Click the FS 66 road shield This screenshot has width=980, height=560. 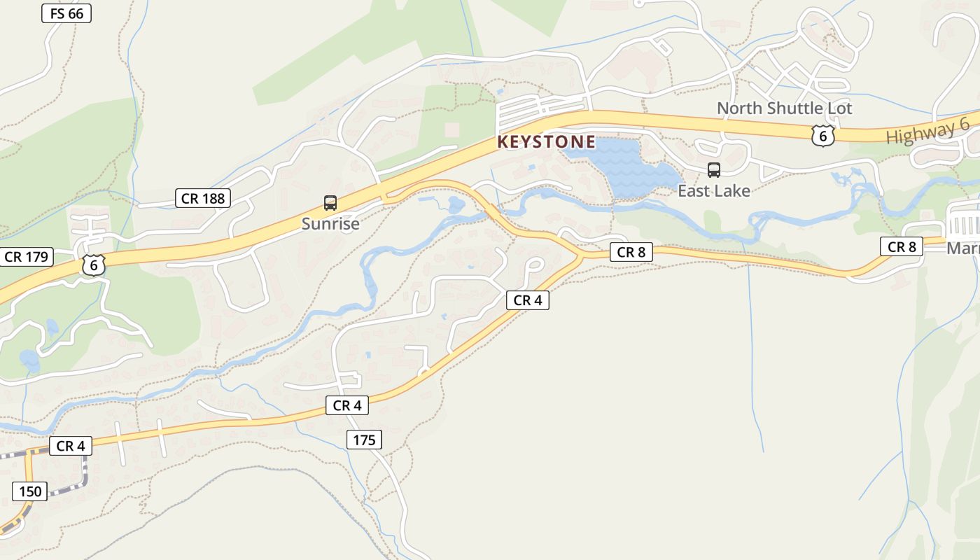(66, 13)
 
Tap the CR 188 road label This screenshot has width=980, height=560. (203, 198)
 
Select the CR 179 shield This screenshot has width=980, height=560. (27, 257)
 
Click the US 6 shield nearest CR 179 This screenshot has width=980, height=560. (93, 265)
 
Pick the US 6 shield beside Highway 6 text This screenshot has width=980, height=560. (823, 135)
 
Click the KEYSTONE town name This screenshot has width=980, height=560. (546, 142)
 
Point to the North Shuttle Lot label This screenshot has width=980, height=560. (784, 108)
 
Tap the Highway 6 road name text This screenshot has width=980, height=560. (927, 131)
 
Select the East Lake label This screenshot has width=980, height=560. (713, 190)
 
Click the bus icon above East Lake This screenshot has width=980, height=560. (714, 169)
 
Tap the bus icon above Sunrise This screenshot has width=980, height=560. (330, 203)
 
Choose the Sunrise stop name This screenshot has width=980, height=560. (330, 223)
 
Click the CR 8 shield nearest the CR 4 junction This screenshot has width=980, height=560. (631, 252)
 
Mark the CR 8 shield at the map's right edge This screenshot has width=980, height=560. (902, 246)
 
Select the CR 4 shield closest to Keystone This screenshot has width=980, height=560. (528, 300)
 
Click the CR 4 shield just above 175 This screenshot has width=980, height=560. (347, 405)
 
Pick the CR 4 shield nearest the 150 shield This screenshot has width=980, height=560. (70, 446)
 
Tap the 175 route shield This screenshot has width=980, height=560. (364, 440)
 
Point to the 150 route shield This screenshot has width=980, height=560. (30, 491)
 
